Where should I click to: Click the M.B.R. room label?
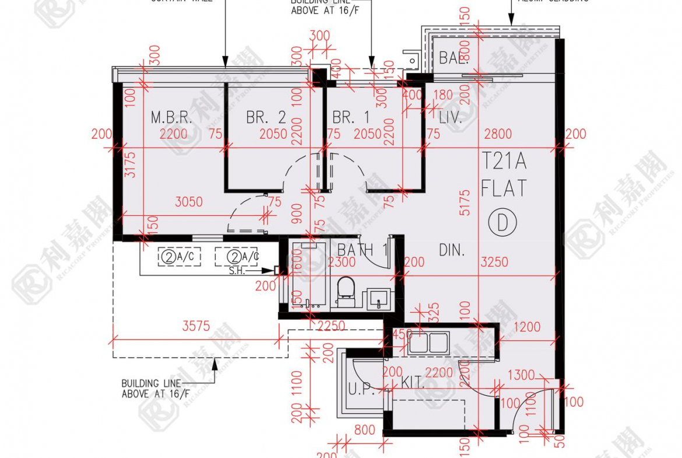171,117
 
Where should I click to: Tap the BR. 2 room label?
266,117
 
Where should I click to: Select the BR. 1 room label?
351,117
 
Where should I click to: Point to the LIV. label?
451,118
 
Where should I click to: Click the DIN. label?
452,250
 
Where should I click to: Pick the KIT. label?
413,383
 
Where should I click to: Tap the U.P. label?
362,390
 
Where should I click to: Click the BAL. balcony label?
453,58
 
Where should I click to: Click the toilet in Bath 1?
346,291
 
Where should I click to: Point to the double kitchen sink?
428,343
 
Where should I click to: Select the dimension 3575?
196,327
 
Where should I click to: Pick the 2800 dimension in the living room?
497,134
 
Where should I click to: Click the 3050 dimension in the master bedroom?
189,202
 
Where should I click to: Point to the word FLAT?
504,188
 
